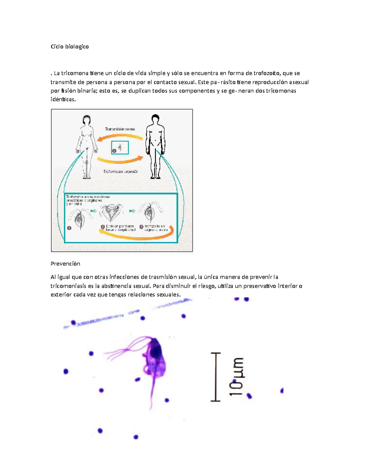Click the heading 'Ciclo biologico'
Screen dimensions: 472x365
pos(70,47)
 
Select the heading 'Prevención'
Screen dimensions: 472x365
pos(65,264)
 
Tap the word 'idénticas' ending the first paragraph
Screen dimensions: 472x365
pos(63,99)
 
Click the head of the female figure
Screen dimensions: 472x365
pos(87,120)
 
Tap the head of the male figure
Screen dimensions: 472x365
pos(155,119)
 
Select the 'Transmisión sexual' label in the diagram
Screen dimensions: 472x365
pos(120,129)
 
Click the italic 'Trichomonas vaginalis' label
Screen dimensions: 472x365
pos(120,171)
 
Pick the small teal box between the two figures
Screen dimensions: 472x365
pos(120,148)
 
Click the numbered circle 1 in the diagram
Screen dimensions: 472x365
pos(69,228)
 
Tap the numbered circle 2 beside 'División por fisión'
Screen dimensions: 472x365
pos(103,227)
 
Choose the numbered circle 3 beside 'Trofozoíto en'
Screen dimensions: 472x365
pos(141,227)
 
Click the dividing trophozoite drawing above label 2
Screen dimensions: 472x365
pos(112,212)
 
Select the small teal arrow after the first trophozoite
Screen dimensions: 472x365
pos(94,211)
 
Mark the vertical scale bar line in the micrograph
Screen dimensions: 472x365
pos(216,377)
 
